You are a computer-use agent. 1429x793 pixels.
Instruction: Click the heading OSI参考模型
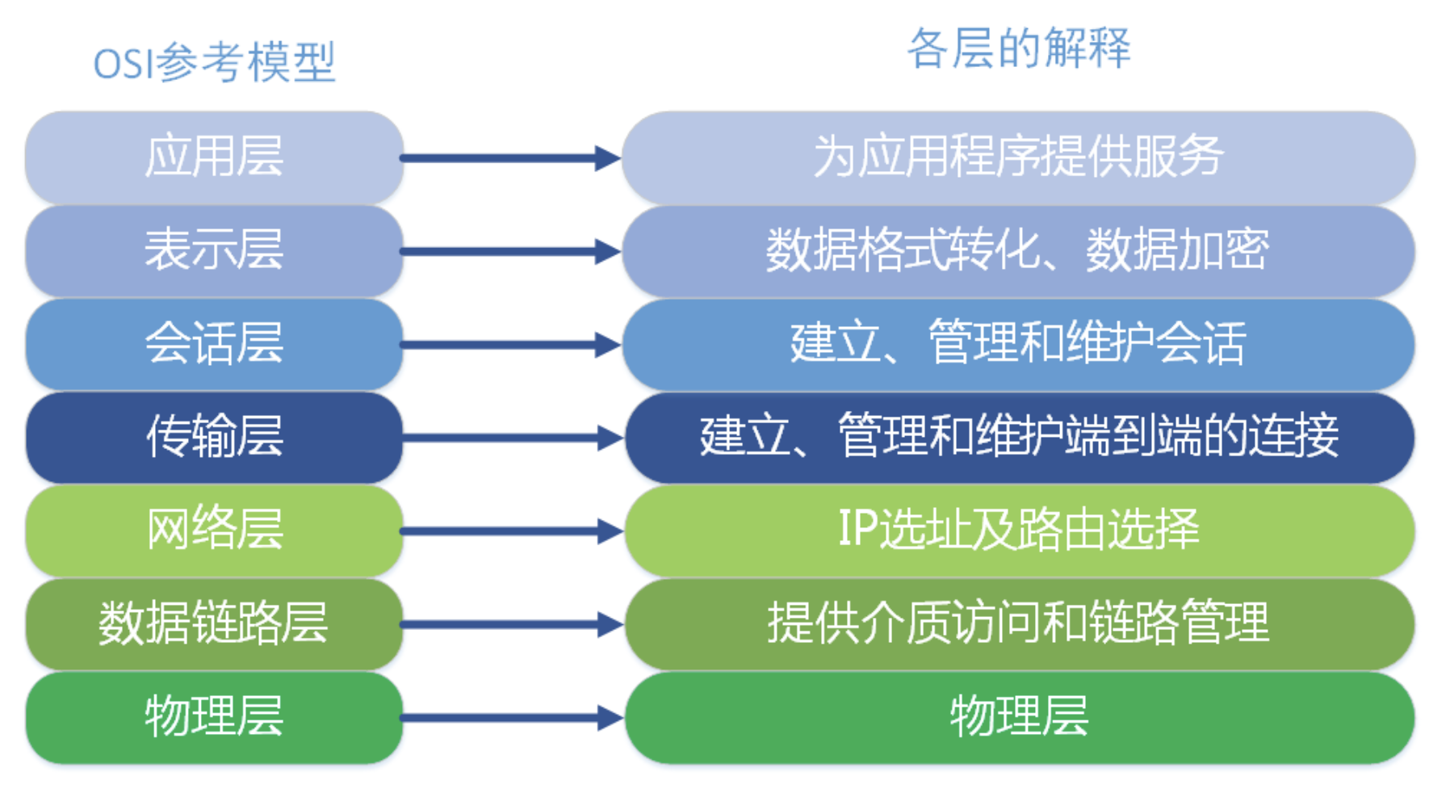(x=214, y=62)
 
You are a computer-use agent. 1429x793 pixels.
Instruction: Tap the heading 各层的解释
(x=1019, y=48)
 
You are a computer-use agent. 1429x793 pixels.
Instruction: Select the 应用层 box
(x=214, y=157)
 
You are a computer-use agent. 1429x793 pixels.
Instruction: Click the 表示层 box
(x=214, y=250)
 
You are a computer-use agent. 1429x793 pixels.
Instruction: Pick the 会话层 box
(x=214, y=344)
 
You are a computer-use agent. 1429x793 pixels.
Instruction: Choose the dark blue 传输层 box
(x=214, y=438)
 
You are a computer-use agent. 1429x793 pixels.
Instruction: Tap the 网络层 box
(x=214, y=531)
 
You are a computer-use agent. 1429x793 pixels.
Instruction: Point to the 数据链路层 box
(x=214, y=624)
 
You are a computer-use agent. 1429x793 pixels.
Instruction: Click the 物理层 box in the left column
(x=214, y=718)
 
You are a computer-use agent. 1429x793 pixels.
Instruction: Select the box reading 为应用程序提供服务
(x=1019, y=157)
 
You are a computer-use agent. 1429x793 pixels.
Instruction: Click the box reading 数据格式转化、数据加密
(x=1019, y=250)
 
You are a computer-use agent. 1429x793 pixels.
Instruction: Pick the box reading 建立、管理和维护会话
(x=1019, y=344)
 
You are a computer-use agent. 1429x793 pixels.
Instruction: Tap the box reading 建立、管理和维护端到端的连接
(x=1020, y=438)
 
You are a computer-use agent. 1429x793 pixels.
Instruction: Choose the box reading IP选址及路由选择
(x=1020, y=531)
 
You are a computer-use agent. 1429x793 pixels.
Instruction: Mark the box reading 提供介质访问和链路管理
(x=1020, y=624)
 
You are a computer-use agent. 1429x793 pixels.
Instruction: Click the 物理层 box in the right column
(x=1020, y=718)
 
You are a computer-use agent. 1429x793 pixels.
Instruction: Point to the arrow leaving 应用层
(x=510, y=157)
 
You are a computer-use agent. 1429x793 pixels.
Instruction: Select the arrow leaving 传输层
(x=512, y=438)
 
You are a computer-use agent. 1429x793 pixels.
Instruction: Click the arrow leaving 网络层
(x=512, y=531)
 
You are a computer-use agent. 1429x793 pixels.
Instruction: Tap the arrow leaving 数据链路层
(x=512, y=624)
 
